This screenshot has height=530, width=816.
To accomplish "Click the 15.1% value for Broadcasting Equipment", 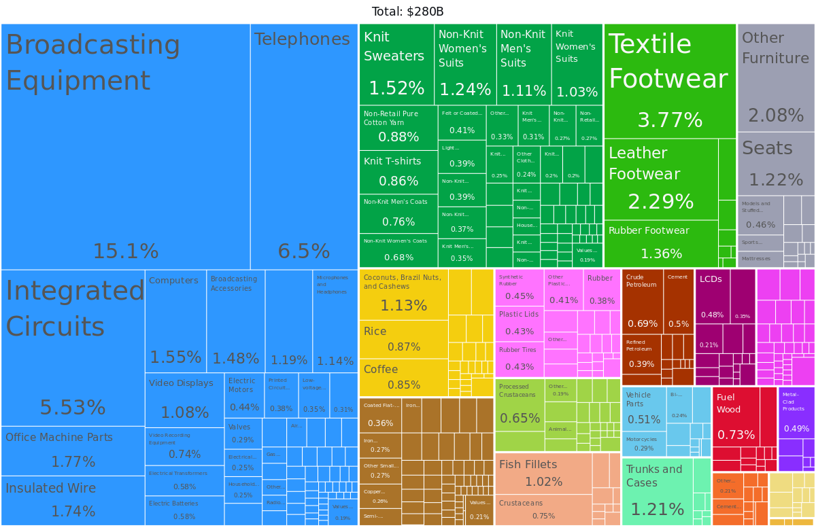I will click(125, 251).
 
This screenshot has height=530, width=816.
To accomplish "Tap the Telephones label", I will click(302, 39).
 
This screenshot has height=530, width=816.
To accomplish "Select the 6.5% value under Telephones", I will click(303, 251).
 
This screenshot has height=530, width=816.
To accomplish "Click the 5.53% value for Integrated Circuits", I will click(72, 408).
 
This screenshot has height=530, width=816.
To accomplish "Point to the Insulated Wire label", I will click(51, 488).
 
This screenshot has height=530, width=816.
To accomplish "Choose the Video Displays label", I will click(181, 383).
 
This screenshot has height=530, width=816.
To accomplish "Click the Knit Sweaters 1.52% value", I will click(396, 88).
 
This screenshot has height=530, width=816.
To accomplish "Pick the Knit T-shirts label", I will click(392, 161).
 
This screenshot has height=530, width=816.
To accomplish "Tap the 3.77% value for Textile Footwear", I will click(669, 120).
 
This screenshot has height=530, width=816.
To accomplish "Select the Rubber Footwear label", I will click(649, 230).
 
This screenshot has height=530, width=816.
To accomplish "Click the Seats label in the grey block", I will click(767, 148).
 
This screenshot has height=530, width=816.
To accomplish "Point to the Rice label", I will click(375, 332).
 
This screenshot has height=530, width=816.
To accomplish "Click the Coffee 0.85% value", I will click(404, 385).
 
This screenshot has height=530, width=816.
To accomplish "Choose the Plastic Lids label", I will click(518, 314).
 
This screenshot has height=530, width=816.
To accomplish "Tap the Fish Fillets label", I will click(528, 465).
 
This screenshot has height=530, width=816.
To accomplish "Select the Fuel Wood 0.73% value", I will click(736, 435).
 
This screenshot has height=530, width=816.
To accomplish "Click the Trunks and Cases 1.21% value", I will click(657, 510).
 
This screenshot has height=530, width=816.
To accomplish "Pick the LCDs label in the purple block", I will click(711, 279).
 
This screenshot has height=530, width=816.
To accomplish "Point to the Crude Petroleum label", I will click(641, 281).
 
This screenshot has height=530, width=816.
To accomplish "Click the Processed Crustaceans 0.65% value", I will click(520, 419).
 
